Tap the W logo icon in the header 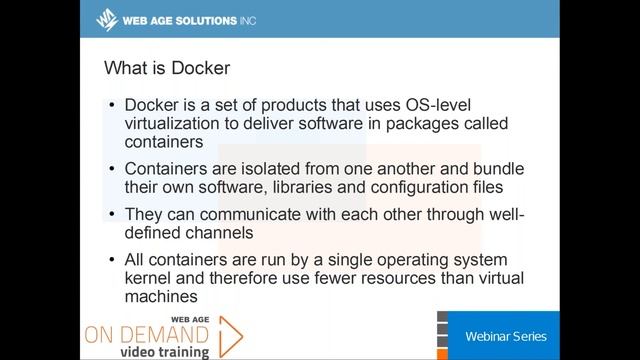point(106,19)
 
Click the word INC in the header point(243,19)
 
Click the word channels point(228,232)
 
